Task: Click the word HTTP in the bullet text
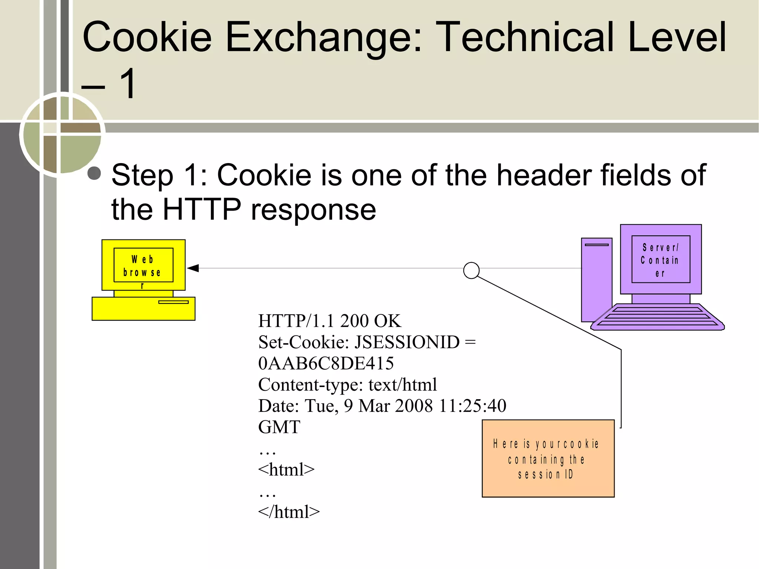202,209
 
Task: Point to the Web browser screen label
143,265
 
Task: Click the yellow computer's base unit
143,308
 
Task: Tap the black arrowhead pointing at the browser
193,268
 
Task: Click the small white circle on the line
471,270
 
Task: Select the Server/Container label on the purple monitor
660,259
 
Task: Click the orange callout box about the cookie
548,459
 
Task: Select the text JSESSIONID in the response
407,342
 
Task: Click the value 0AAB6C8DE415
326,363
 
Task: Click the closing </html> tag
288,512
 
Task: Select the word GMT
279,427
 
